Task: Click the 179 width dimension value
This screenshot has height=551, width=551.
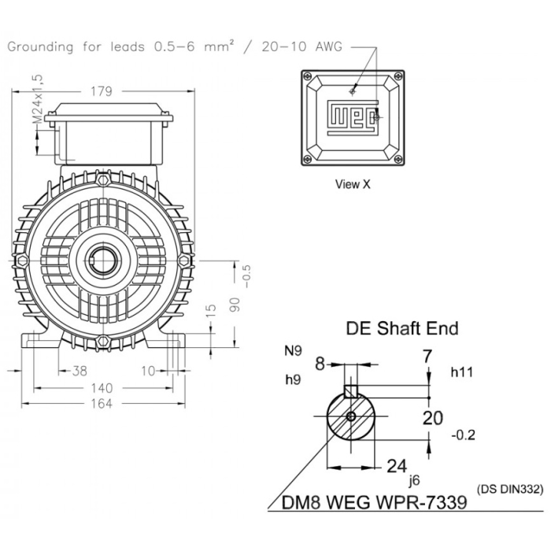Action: coord(102,91)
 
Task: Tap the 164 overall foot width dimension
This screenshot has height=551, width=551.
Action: coord(101,404)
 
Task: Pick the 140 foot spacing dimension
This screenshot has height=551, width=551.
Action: coord(101,388)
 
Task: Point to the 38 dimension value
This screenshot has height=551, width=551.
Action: coord(80,372)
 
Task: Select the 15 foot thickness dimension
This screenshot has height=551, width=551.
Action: coord(210,313)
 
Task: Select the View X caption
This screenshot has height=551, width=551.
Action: coord(353,185)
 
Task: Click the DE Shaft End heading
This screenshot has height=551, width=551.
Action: coord(402,328)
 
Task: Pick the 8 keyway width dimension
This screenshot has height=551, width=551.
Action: coord(320,363)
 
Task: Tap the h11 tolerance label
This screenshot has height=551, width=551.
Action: coord(461,370)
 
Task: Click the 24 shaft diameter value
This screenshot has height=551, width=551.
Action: coord(397,466)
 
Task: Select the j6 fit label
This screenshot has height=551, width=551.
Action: coord(414,477)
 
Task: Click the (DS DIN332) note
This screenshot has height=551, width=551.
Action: coord(509,489)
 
